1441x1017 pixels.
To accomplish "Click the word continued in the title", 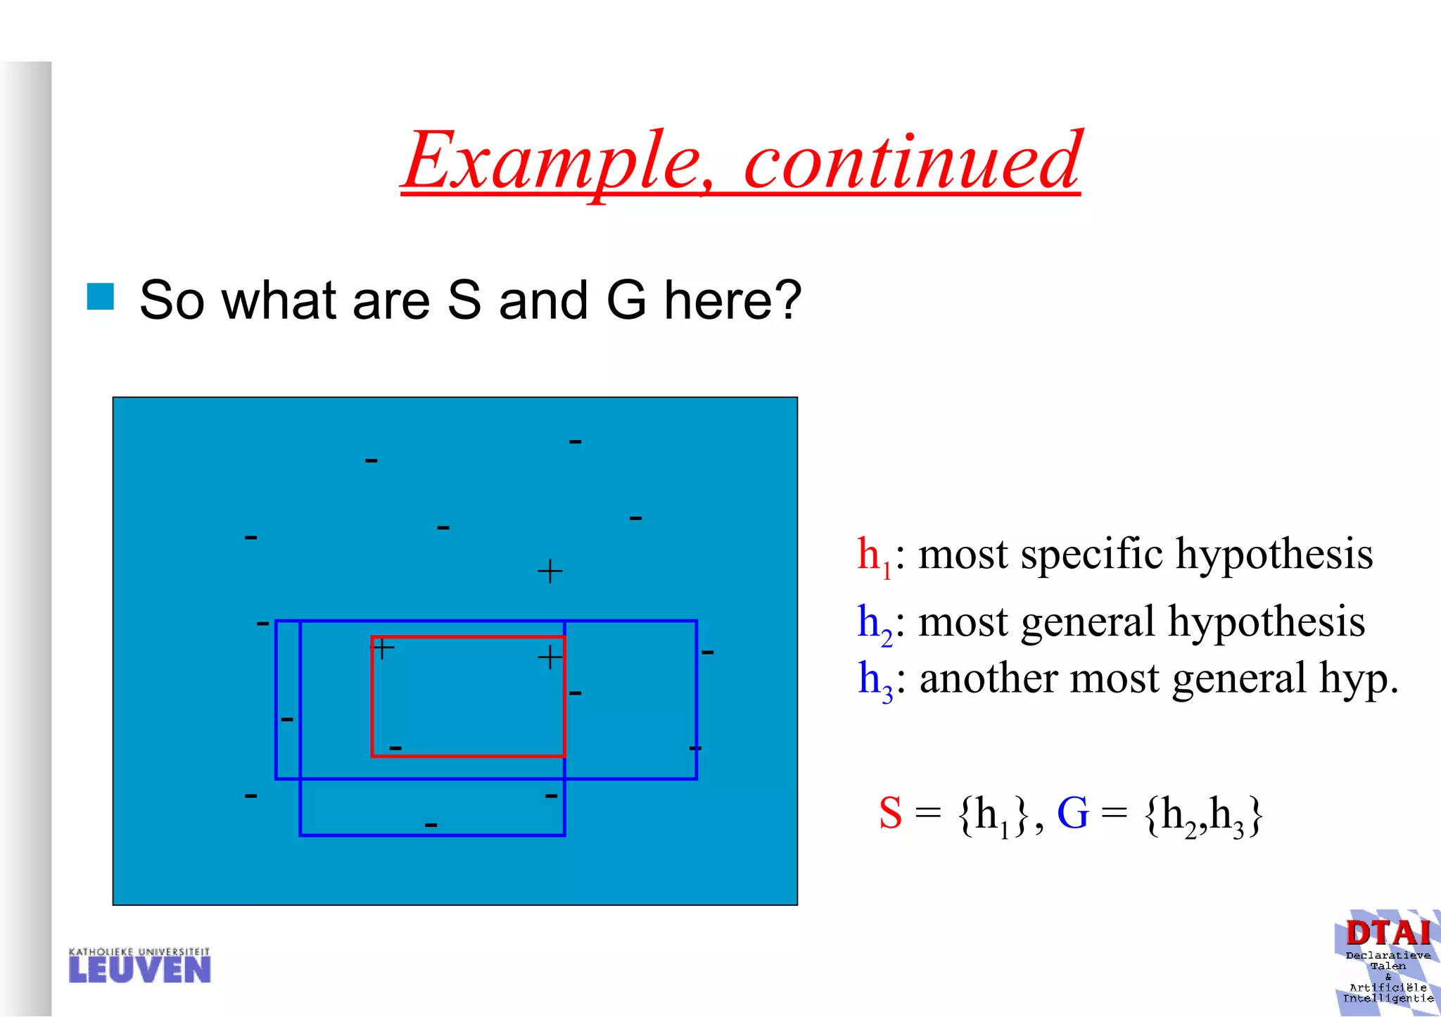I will tap(912, 162).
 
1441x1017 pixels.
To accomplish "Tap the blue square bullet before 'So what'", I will tap(101, 296).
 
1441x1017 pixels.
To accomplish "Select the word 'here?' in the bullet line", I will tap(732, 301).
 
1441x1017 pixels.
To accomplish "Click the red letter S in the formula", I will tap(890, 814).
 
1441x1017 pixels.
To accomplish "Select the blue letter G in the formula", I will tap(1072, 814).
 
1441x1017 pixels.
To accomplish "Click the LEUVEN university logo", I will tap(139, 966).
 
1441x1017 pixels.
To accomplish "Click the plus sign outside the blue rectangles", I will tap(550, 571).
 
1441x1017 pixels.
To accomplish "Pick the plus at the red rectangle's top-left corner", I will tap(382, 648).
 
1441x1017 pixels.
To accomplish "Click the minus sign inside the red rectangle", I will tap(395, 747).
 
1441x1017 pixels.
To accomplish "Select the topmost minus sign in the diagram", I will tap(575, 442).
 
